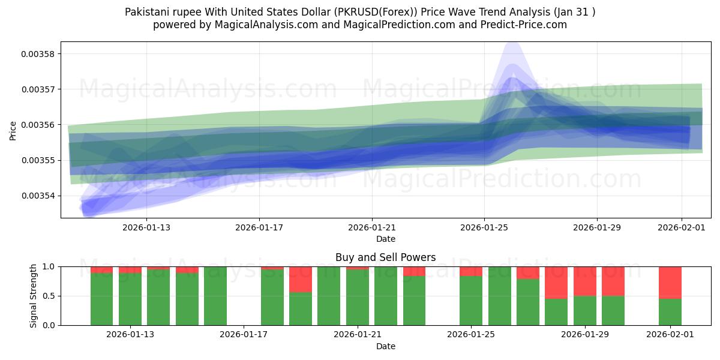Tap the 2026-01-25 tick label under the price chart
tap(484, 227)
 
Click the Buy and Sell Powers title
tap(385, 257)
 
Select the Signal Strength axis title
tap(34, 295)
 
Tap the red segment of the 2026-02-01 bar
tap(670, 282)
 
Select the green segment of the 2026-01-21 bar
tap(357, 297)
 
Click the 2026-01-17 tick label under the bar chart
tap(244, 334)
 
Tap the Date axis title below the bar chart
tap(385, 346)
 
